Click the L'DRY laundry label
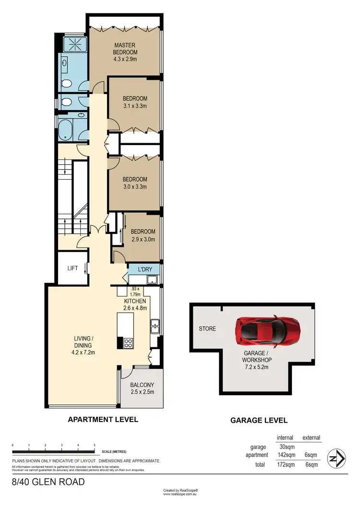click(145, 270)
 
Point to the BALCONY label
click(142, 385)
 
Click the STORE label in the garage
click(207, 329)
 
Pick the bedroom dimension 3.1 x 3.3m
click(134, 106)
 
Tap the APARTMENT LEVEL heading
click(103, 419)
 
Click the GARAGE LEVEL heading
click(259, 420)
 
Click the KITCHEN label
click(134, 301)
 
